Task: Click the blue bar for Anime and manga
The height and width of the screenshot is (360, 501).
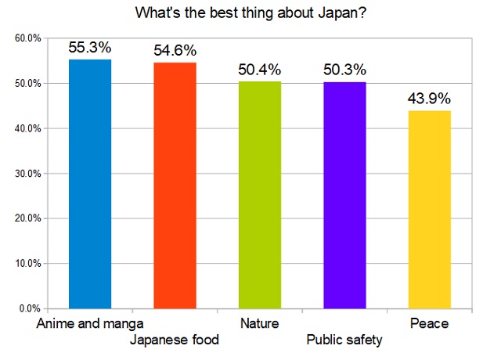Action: point(90,184)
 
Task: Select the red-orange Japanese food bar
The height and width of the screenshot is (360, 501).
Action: point(175,185)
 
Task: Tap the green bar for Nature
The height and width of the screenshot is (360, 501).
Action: point(259,195)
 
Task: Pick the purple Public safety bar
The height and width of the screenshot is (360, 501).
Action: point(344,195)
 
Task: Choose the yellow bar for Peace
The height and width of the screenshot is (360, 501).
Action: point(429,210)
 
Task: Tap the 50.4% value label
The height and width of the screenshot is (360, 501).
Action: point(259,70)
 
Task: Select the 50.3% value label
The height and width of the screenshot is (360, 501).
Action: point(344,70)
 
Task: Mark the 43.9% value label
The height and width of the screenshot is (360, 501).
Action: point(429,99)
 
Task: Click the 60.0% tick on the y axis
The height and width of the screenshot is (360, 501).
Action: point(28,38)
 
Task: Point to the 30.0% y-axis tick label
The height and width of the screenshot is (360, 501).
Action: point(28,174)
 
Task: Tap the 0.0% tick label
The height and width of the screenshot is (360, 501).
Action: point(31,308)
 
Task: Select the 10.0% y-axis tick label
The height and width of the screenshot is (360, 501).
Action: point(28,264)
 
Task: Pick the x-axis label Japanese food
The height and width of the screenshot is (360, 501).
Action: point(175,340)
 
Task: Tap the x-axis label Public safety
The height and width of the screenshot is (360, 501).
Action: point(344,340)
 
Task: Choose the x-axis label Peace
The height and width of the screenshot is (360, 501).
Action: point(429,322)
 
